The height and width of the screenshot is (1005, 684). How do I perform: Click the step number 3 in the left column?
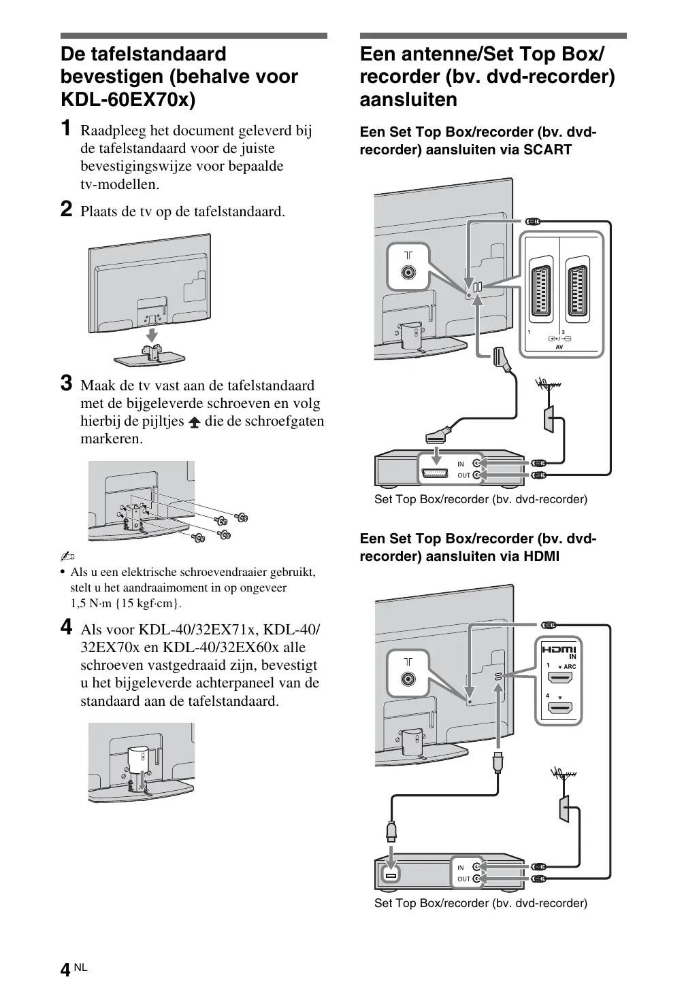(67, 384)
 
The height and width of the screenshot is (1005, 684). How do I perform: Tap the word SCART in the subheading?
(547, 150)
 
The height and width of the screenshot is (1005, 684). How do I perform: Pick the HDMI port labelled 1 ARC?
(561, 677)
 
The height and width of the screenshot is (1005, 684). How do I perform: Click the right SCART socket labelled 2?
(578, 292)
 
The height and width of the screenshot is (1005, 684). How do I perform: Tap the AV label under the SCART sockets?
(559, 347)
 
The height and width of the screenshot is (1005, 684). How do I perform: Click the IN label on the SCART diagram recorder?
(461, 464)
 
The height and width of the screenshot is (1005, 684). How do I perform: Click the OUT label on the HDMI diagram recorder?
(463, 879)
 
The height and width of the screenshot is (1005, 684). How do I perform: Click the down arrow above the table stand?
(152, 335)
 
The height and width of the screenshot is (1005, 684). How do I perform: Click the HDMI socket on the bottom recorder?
(390, 874)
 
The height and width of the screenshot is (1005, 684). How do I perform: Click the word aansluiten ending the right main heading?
(408, 100)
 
